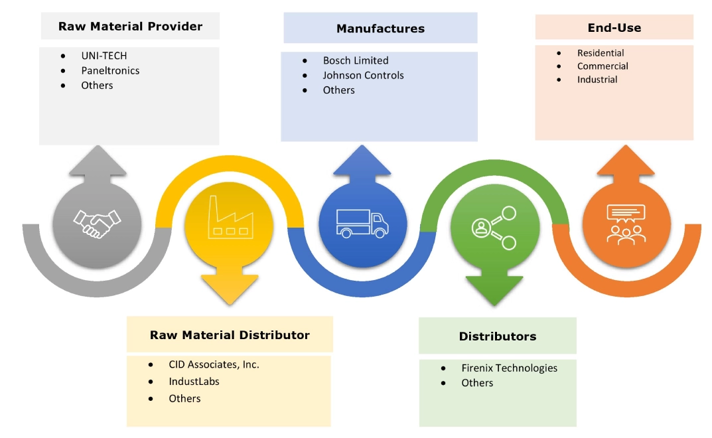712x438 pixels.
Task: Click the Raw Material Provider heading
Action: pos(130,27)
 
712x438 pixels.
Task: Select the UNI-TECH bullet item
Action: pos(104,56)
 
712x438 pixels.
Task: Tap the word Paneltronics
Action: pos(110,70)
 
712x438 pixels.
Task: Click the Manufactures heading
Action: pos(380,29)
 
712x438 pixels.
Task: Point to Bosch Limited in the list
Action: pos(356,60)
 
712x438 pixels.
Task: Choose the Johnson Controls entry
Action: pos(363,75)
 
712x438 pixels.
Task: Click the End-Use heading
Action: pos(614,28)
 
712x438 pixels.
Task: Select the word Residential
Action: pos(601,53)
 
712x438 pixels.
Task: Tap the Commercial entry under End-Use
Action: pos(603,66)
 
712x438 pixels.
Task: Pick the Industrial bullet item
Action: pos(597,80)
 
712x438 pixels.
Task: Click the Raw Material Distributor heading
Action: pos(230,335)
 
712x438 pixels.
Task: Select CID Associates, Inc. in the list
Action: pos(214,364)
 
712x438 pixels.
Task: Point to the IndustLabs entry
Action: pos(194,382)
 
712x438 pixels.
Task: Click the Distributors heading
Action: pos(498,336)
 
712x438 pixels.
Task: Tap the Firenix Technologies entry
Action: pos(509,368)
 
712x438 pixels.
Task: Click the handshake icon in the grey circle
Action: pos(97,223)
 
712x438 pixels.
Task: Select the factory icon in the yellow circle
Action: pos(229,218)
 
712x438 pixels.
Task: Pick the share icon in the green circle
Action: pos(494,228)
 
